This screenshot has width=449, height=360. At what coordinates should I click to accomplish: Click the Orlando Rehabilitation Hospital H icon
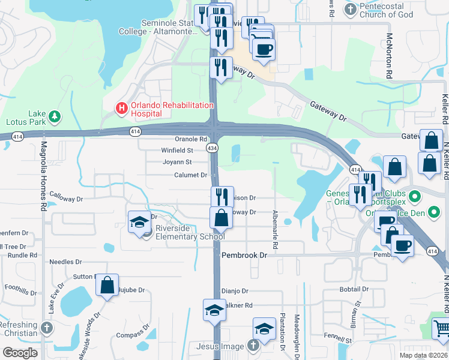121,109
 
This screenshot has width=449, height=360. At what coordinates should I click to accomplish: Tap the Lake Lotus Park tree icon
54,115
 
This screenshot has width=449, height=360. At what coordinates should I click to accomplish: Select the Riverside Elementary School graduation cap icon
139,221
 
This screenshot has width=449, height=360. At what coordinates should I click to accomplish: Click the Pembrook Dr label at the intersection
244,255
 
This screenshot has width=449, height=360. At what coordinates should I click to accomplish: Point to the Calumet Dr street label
190,175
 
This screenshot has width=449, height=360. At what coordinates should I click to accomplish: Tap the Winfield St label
176,151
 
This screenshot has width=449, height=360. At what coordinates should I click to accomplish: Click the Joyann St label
176,162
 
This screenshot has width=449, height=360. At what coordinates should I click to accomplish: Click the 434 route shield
212,147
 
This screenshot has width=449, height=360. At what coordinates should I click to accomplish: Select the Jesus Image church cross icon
253,346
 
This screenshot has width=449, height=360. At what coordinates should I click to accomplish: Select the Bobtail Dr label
354,289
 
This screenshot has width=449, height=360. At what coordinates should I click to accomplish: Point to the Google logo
20,353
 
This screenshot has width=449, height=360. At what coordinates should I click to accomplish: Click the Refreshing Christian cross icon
47,328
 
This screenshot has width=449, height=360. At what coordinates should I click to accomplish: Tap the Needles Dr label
65,262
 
